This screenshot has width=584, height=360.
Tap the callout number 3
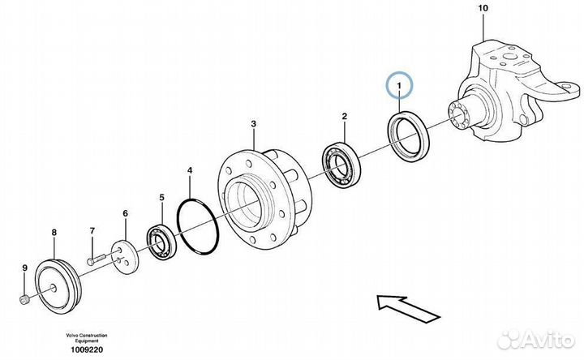point(253,124)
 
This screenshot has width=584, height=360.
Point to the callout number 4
point(190,171)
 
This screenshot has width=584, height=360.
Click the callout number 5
point(161,197)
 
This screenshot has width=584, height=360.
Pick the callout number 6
point(125,213)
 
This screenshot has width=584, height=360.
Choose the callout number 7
point(92,230)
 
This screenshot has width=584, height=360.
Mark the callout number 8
point(54,233)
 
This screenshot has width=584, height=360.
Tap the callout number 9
point(24,268)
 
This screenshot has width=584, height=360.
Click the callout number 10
point(483,8)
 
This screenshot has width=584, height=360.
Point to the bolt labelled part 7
point(94,260)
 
